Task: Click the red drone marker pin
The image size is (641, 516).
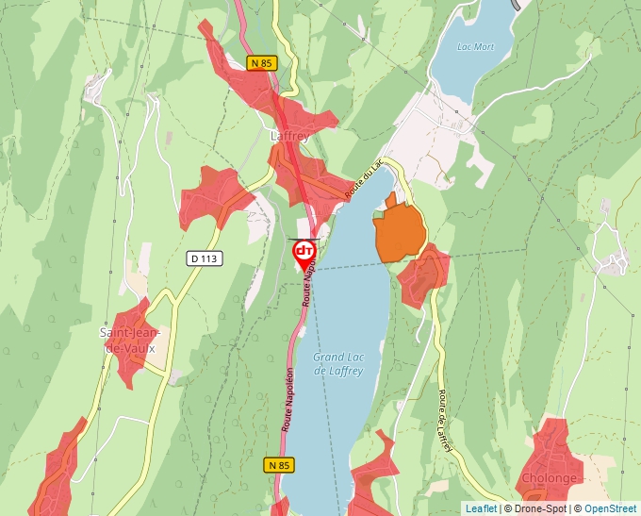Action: click(x=304, y=253)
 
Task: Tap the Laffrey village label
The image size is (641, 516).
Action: click(x=289, y=136)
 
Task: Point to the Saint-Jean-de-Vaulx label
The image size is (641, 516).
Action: click(x=130, y=341)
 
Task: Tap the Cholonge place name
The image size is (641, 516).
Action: click(x=549, y=478)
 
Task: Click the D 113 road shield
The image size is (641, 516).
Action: click(x=205, y=258)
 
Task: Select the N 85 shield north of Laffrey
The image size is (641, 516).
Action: click(x=261, y=63)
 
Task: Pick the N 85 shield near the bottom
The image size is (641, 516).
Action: click(x=278, y=465)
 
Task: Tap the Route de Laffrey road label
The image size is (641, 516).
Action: click(x=444, y=422)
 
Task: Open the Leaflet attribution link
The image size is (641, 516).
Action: click(x=481, y=508)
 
